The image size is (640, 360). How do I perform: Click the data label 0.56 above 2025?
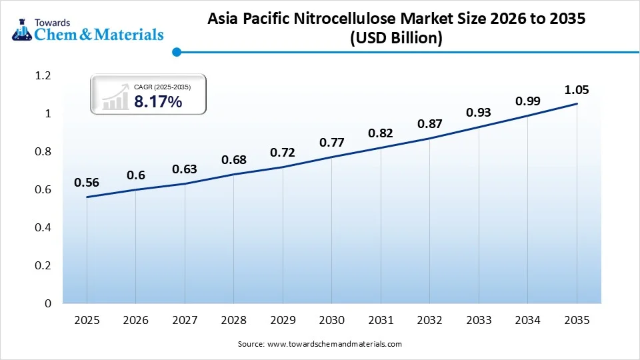87,183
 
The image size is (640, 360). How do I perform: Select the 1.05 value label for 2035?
577,90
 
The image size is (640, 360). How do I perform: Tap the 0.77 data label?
331,142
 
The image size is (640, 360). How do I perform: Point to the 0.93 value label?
479,113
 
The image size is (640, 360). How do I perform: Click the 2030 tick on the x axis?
332,321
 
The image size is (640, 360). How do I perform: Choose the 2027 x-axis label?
185,321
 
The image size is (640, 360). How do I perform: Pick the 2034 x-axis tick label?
528,321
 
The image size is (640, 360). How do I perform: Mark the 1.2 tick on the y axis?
43,76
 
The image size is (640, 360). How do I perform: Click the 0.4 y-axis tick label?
43,228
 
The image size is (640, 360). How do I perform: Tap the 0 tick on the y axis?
47,304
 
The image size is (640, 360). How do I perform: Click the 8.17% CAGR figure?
158,101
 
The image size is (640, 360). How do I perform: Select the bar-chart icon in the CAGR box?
115,97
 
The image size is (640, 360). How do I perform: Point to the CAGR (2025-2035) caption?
162,86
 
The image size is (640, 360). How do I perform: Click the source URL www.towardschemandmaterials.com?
335,344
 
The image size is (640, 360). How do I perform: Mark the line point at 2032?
430,138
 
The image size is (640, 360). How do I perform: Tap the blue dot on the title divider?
176,51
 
